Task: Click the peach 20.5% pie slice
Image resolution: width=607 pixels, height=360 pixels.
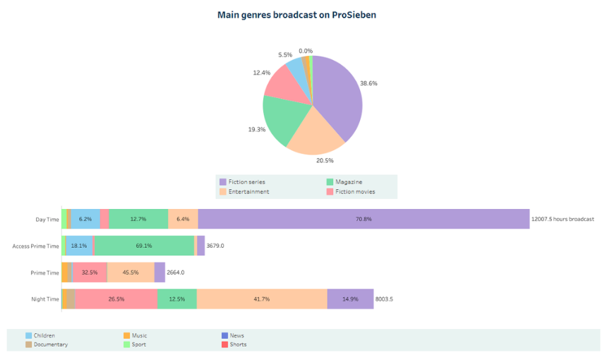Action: click(x=314, y=136)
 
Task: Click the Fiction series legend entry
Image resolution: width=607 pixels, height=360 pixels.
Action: click(x=242, y=182)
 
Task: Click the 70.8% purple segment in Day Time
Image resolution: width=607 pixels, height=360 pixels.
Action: click(x=363, y=219)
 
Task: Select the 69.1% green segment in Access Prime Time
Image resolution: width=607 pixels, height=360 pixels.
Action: click(x=144, y=246)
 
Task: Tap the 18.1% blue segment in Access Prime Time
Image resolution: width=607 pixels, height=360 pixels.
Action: click(x=79, y=246)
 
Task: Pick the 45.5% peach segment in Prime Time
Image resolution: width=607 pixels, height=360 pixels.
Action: click(x=131, y=272)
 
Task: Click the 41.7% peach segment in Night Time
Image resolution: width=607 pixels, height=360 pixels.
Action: click(x=261, y=299)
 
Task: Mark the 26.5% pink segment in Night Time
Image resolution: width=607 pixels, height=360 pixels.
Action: click(x=116, y=299)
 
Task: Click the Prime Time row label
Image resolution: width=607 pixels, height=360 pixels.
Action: click(x=45, y=272)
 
